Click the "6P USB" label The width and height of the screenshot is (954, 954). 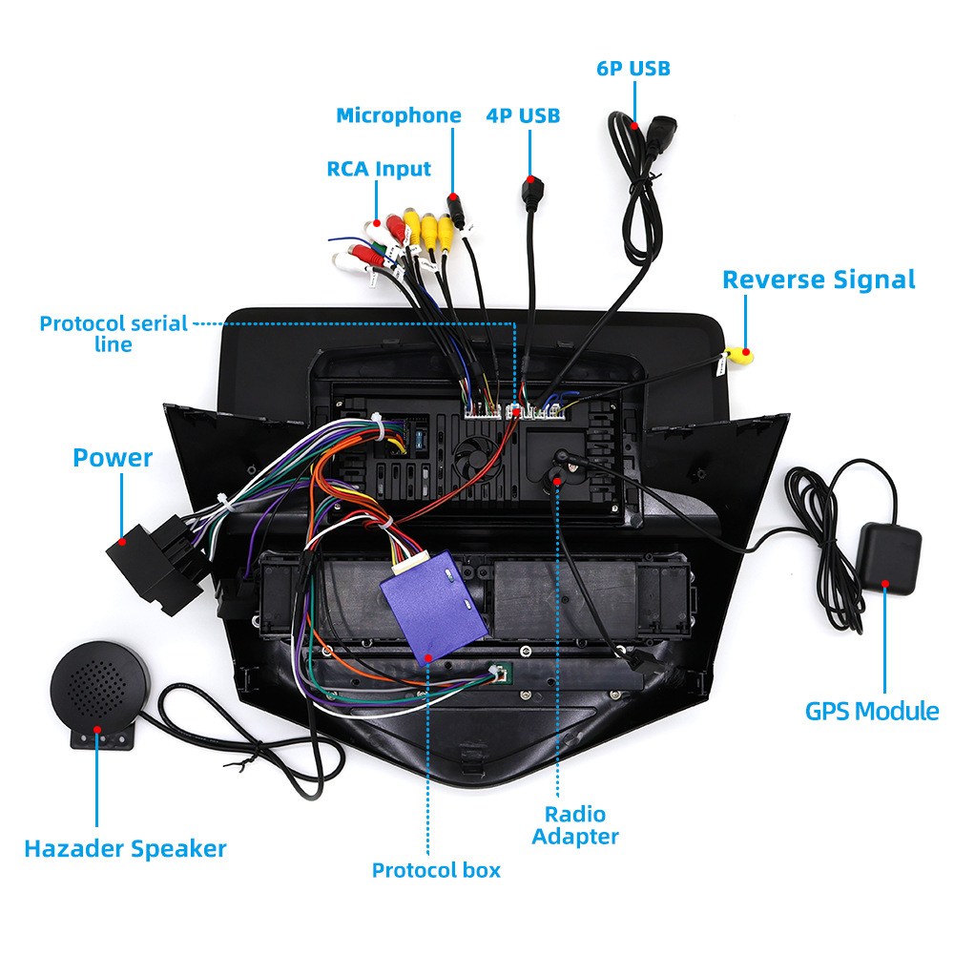click(x=633, y=68)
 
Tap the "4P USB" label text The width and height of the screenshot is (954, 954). click(x=523, y=115)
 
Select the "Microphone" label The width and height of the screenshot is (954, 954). click(x=399, y=115)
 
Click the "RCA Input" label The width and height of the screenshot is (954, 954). click(x=379, y=169)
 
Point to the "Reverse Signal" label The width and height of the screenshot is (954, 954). click(x=819, y=280)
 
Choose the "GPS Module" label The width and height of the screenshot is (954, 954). click(x=872, y=711)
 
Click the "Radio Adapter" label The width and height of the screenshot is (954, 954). click(x=575, y=825)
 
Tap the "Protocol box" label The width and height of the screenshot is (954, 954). click(x=436, y=870)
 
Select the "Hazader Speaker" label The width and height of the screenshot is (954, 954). click(x=125, y=848)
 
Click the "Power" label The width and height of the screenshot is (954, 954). click(x=113, y=458)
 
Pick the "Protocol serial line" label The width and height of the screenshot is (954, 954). click(x=114, y=333)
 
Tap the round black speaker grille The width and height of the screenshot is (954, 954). click(x=98, y=684)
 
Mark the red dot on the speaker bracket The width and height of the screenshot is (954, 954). click(x=97, y=732)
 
